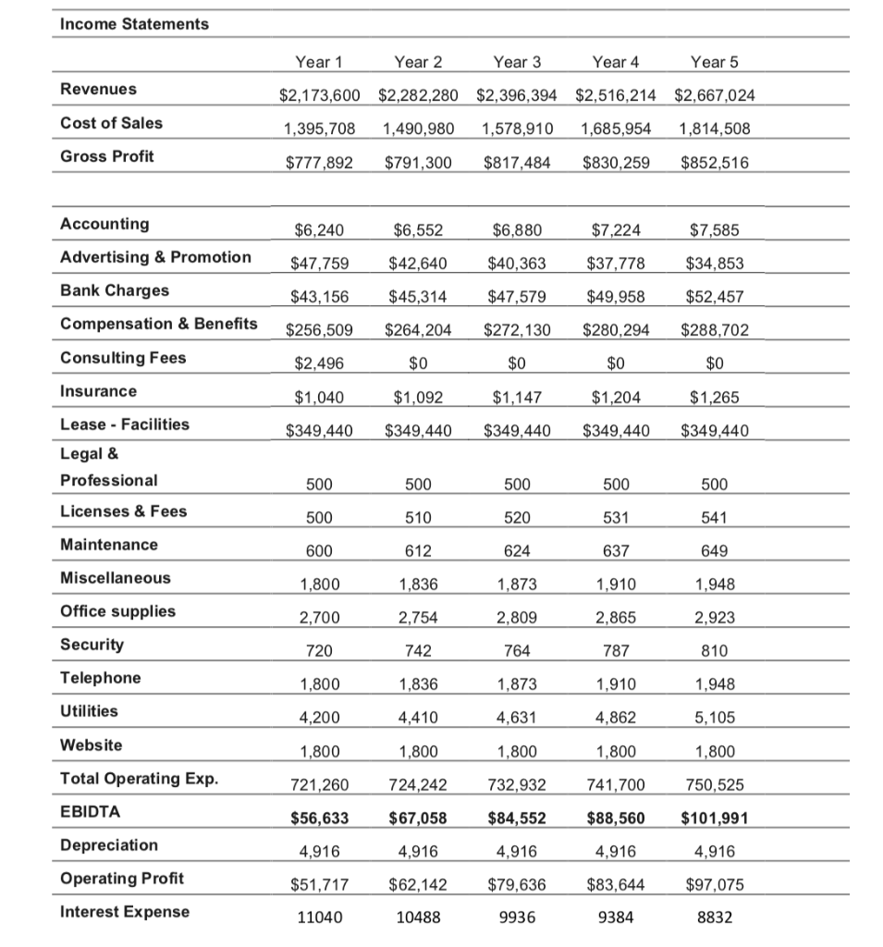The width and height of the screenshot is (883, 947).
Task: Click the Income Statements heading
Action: point(134,24)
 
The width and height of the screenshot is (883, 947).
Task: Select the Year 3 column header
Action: point(517,63)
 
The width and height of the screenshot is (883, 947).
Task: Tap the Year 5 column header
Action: point(714,63)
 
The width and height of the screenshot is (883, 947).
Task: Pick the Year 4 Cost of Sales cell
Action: point(616,129)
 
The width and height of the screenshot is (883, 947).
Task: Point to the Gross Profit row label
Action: point(107,156)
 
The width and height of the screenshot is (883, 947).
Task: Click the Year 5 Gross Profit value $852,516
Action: point(715,163)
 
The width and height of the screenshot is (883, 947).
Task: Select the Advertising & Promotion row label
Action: point(155,257)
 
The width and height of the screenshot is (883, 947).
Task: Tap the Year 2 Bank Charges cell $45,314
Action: point(418,297)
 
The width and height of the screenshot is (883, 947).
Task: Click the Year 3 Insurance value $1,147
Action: point(517,398)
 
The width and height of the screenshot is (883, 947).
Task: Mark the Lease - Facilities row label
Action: point(124,424)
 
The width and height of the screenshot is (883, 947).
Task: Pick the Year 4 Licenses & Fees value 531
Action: point(616,518)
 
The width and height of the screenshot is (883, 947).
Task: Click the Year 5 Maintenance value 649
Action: point(715,551)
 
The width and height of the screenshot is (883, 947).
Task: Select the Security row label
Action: point(92,645)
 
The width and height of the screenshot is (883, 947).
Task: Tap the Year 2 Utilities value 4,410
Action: point(418,719)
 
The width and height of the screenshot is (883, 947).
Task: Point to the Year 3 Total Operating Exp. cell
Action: point(517,785)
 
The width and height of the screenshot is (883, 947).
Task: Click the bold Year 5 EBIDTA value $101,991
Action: point(715,818)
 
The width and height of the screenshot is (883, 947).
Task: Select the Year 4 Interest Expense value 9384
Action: point(616,918)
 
